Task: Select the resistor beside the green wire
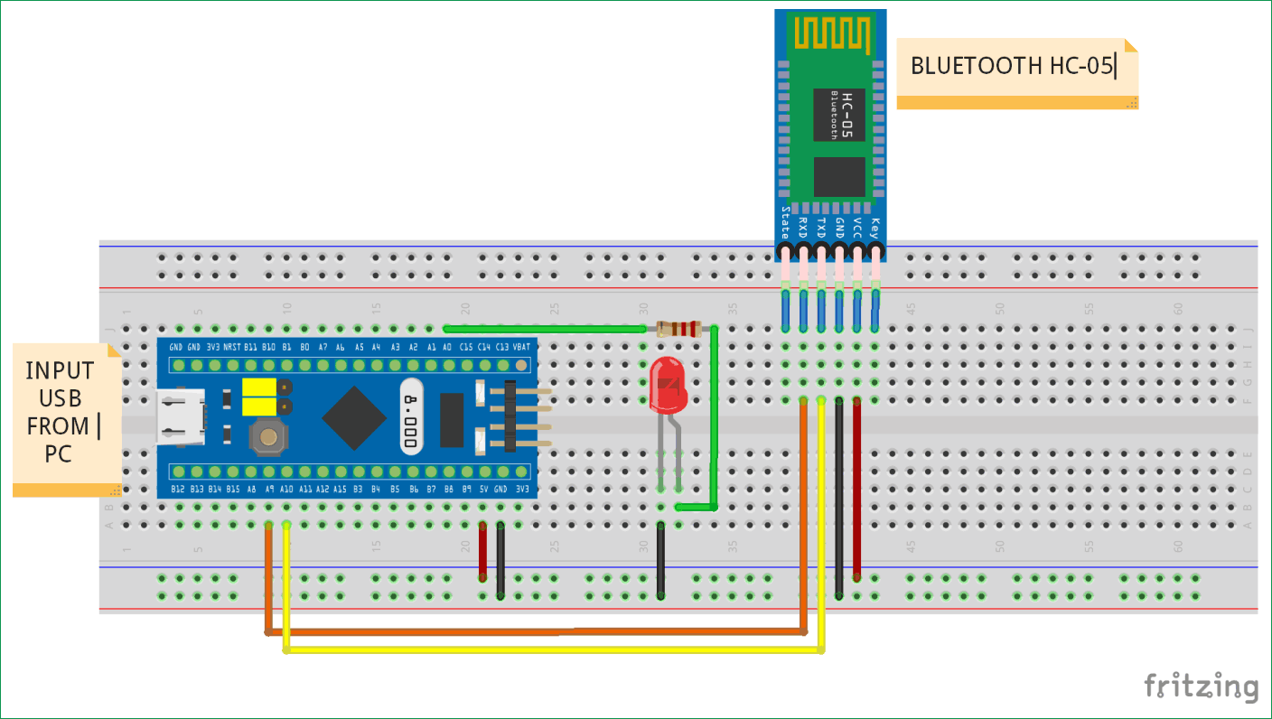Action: click(678, 329)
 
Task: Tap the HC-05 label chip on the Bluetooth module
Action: click(839, 115)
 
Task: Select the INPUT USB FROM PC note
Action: click(61, 413)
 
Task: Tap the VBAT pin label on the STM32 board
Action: click(521, 347)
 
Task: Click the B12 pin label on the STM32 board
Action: click(178, 489)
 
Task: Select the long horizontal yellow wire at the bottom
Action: click(551, 649)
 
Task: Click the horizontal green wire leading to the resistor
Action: click(542, 329)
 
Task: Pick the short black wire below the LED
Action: click(661, 560)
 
